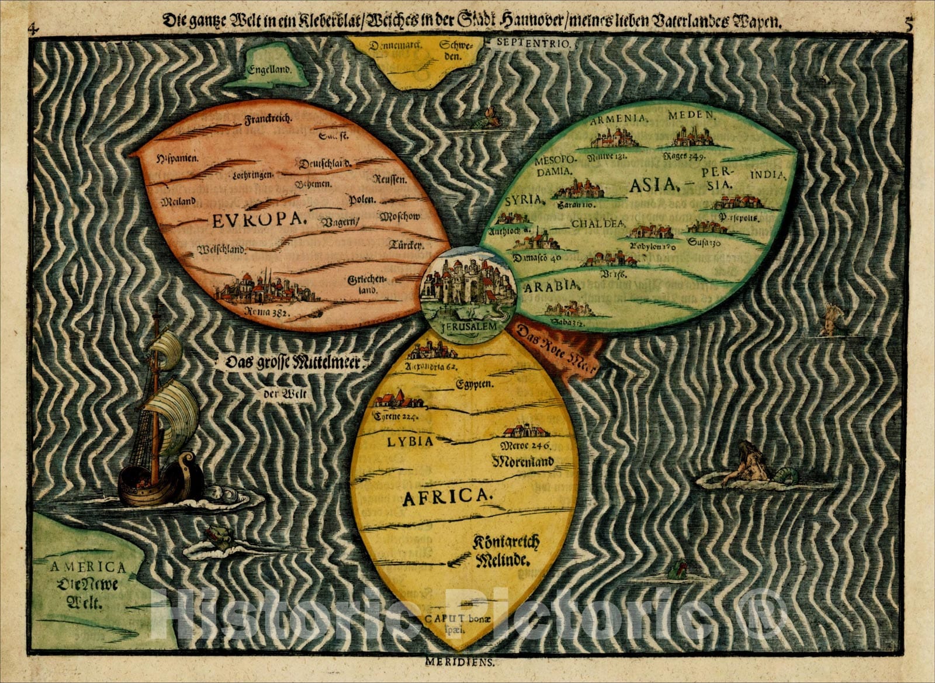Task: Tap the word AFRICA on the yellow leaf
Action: [x=445, y=497]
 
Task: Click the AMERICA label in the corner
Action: [x=88, y=567]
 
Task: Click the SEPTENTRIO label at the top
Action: [x=536, y=43]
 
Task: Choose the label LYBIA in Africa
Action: [x=410, y=441]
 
